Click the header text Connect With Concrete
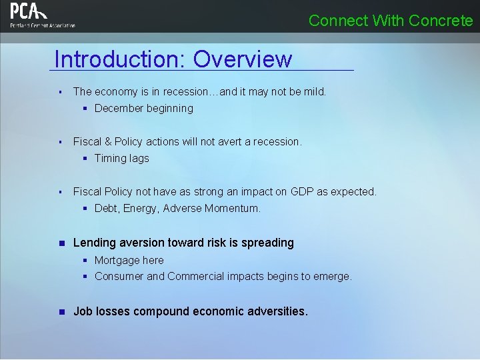coord(391,21)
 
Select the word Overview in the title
coord(243,59)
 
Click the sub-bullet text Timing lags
coord(122,158)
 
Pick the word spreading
coord(267,243)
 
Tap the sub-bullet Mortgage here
coord(129,260)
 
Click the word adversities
coord(277,311)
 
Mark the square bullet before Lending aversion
coord(60,243)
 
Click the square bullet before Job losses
coord(60,311)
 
